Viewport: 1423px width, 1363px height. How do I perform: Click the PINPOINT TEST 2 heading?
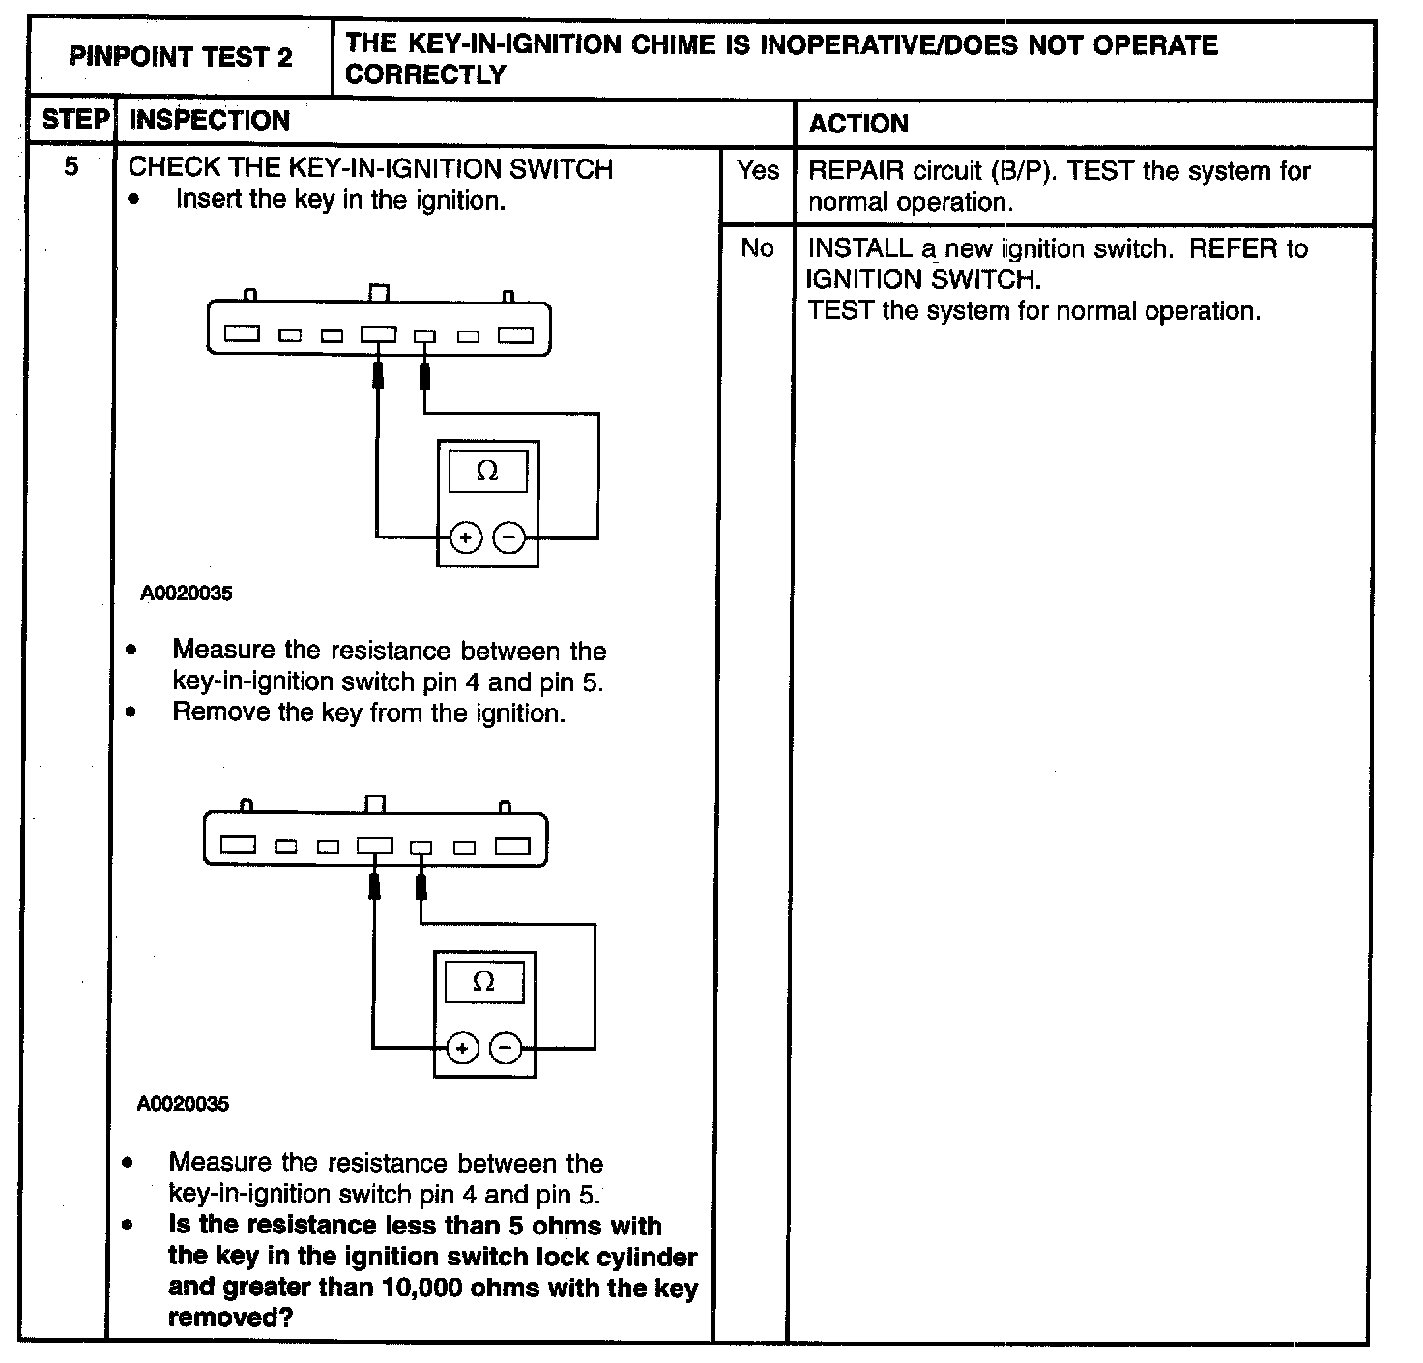[181, 57]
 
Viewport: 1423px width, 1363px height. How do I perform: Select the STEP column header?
[73, 121]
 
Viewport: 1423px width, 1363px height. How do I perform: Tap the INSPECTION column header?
[209, 121]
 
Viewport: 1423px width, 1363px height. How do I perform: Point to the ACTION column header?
[858, 124]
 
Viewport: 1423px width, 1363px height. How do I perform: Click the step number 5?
[72, 167]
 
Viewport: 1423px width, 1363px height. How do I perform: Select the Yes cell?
[757, 171]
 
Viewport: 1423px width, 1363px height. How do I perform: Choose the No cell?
[757, 248]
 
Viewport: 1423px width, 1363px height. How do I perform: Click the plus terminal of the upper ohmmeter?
[466, 537]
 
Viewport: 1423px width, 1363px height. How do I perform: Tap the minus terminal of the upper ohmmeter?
[509, 537]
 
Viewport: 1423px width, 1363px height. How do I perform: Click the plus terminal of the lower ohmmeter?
[462, 1049]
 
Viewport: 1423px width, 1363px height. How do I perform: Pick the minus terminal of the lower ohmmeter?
[506, 1049]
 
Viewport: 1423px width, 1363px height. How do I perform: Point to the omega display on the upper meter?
[488, 472]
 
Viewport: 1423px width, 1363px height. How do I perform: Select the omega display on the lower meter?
[483, 982]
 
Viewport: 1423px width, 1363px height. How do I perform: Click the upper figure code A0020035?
[187, 594]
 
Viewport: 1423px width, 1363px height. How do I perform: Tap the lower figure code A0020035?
[184, 1104]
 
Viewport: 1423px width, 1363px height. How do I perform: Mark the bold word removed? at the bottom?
[230, 1318]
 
